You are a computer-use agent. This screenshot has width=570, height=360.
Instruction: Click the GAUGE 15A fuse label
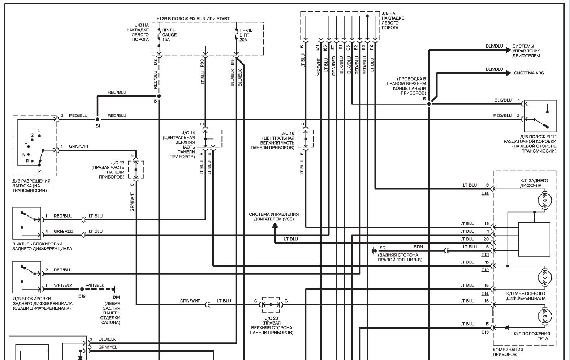tap(169, 35)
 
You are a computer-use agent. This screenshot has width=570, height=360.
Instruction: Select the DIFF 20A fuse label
tap(246, 35)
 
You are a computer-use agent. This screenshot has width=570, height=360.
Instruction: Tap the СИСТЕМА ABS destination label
tap(529, 73)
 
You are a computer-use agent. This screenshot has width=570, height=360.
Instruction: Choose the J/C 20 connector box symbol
tap(271, 304)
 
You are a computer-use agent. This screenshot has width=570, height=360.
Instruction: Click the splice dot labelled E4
tap(97, 119)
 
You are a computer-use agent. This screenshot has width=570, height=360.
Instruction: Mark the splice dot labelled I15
tap(429, 104)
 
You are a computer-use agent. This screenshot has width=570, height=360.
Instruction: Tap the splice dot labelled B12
tap(82, 289)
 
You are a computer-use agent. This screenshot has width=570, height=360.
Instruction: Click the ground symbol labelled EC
tap(373, 251)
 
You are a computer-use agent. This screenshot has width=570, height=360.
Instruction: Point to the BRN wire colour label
tap(418, 247)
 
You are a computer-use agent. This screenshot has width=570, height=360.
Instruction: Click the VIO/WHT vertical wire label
tap(318, 67)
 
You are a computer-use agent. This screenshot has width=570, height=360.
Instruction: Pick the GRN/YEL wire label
tap(107, 347)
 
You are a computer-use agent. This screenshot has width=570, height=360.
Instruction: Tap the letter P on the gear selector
tap(39, 171)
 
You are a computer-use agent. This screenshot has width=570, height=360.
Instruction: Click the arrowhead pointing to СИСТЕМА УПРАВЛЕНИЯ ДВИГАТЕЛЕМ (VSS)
tap(275, 225)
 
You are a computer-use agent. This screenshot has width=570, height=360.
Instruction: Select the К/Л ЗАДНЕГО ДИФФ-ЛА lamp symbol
tap(545, 200)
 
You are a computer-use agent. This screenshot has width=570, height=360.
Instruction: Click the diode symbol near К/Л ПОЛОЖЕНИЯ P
tap(507, 328)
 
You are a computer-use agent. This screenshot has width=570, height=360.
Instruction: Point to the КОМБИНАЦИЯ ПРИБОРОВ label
tap(508, 352)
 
